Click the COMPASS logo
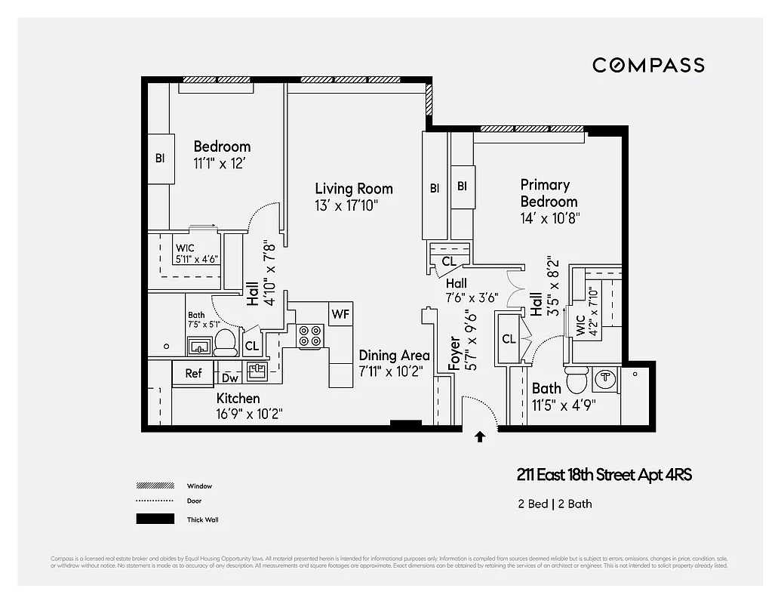tap(648, 65)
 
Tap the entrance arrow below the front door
tap(480, 436)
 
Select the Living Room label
tap(354, 189)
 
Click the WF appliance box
tap(340, 313)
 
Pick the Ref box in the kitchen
tap(193, 373)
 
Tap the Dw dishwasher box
tap(230, 377)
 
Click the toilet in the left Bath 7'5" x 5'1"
tap(226, 343)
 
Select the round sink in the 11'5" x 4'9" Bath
tap(605, 377)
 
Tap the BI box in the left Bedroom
tap(160, 159)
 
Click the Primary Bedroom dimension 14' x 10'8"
tap(549, 218)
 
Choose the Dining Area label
tap(394, 356)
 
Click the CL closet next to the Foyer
tap(509, 339)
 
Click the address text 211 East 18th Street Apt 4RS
tap(604, 475)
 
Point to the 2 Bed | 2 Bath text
tap(555, 504)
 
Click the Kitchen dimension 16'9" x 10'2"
tap(249, 414)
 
